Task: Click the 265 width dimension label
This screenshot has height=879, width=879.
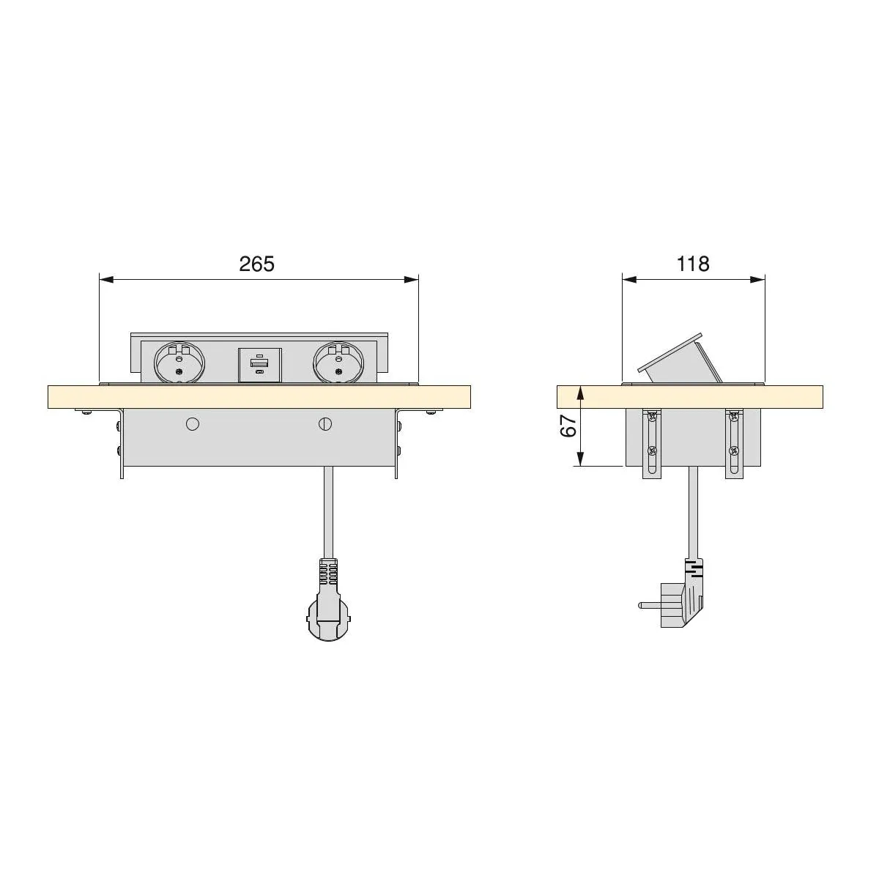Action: (257, 264)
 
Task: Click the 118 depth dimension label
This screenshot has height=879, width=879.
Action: (693, 264)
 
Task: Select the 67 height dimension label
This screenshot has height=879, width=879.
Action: (569, 426)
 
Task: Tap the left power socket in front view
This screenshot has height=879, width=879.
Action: (179, 363)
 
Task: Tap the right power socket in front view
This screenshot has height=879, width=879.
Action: (338, 363)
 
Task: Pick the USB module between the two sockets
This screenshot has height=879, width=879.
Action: (259, 365)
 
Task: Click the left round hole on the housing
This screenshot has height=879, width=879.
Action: (193, 424)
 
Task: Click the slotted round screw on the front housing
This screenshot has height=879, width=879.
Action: (325, 424)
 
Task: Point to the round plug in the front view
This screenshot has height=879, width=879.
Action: (330, 621)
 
